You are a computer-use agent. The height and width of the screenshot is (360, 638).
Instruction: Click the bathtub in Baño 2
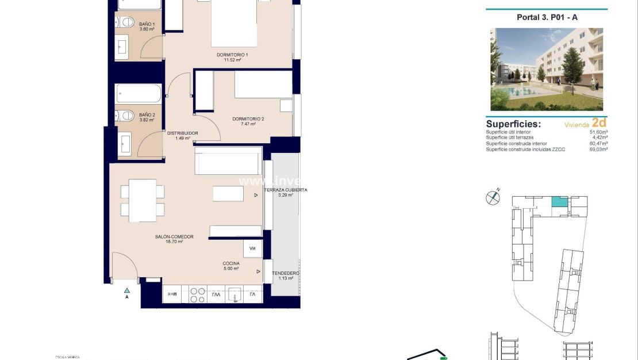click(139, 93)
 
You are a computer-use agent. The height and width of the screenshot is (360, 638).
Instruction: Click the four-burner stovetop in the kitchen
click(198, 295)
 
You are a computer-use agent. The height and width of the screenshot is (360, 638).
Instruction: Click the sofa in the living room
click(228, 160)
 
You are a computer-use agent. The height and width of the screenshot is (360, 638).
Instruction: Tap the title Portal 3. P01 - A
click(547, 17)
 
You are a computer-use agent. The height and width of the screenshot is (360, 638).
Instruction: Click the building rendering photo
click(547, 69)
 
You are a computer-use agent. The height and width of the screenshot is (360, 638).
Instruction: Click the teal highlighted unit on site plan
click(559, 201)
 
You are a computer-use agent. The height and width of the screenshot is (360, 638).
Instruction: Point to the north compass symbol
click(493, 197)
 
